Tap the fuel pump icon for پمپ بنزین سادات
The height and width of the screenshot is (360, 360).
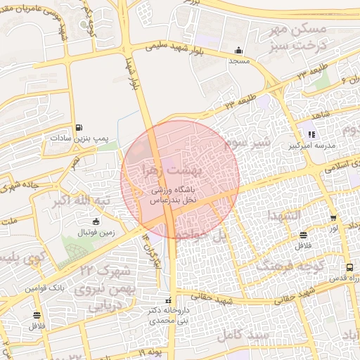pyautogui.click(x=78, y=127)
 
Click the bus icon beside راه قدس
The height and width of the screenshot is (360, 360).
pyautogui.click(x=349, y=267)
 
